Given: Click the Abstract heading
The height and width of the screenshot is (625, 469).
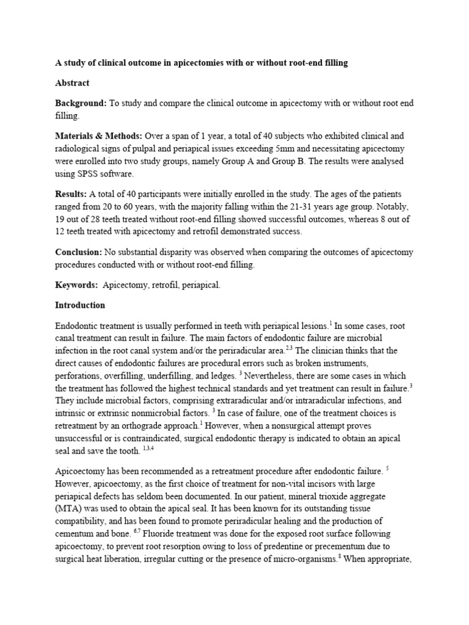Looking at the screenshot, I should point(72,83).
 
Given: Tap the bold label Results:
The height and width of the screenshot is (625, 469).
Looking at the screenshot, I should point(72,193).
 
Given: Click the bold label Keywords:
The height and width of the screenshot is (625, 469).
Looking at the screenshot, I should point(76,285).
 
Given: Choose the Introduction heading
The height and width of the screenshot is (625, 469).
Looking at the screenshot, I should point(80,305).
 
